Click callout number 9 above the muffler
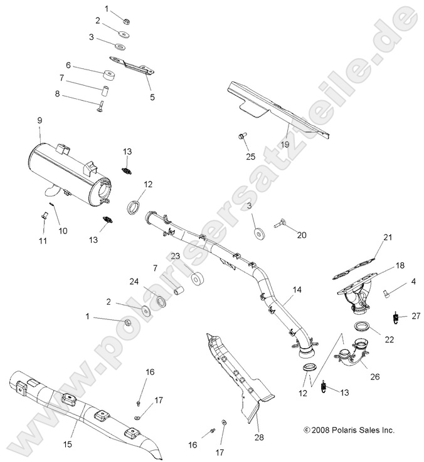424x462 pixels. (39, 120)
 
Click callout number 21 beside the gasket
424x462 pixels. (387, 237)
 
